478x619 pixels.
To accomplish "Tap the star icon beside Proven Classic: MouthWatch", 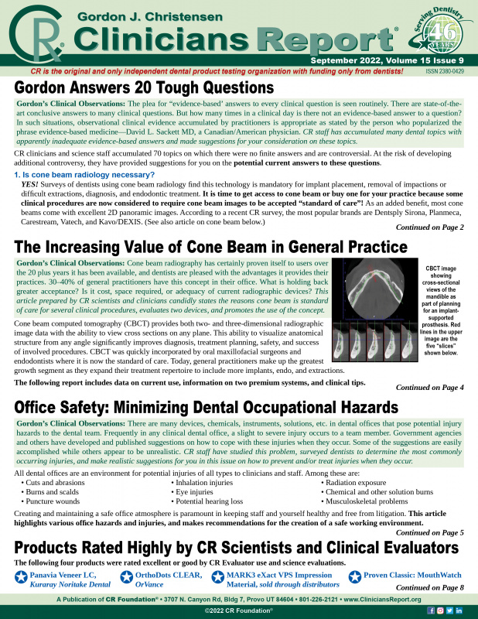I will click(x=355, y=576).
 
